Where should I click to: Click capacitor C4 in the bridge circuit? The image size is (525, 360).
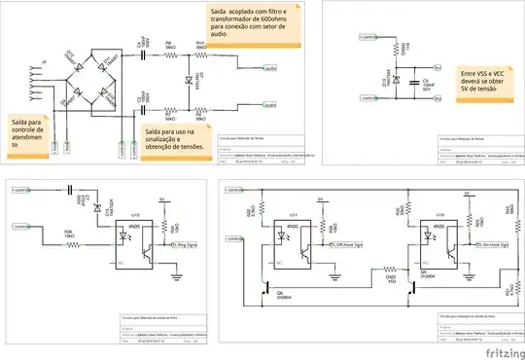(x=143, y=53)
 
